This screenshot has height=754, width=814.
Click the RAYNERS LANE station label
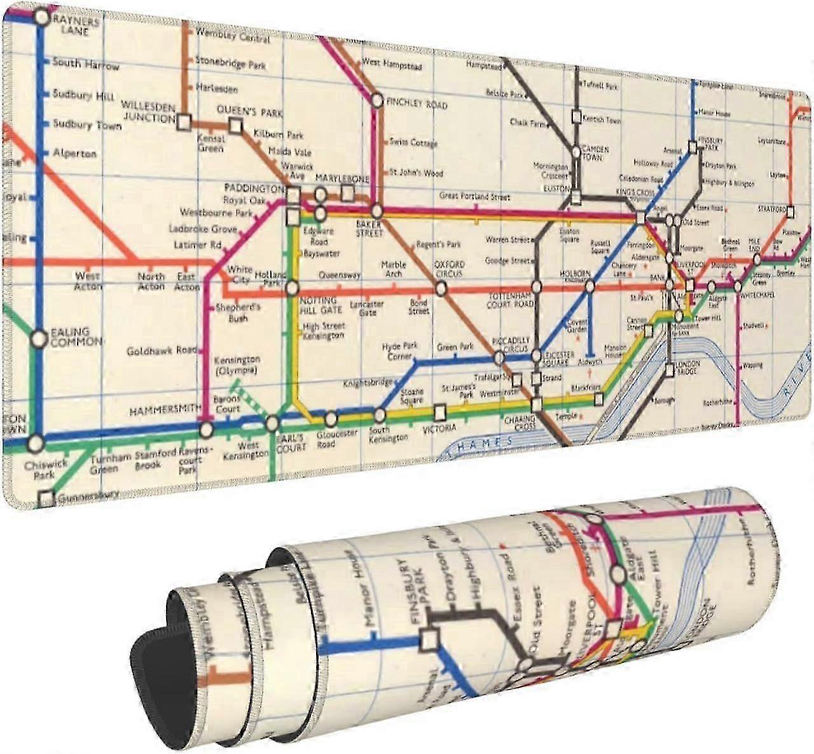(x=76, y=25)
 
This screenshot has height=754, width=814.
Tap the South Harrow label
(x=85, y=64)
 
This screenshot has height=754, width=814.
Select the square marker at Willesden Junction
(x=184, y=121)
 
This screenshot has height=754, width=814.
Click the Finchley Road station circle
(x=377, y=100)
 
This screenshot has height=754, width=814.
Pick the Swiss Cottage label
(x=413, y=143)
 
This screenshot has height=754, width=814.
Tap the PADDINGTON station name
(x=254, y=188)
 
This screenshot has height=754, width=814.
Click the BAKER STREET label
(x=369, y=228)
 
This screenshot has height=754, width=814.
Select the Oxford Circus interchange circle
(x=439, y=288)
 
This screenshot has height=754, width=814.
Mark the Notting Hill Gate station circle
(x=292, y=288)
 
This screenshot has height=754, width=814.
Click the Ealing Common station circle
(x=39, y=339)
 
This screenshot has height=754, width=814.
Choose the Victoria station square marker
(x=440, y=412)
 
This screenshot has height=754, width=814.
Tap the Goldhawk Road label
(x=162, y=351)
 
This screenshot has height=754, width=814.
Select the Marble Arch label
(x=394, y=269)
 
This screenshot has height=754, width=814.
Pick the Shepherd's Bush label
(x=238, y=312)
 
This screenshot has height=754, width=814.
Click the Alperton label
(x=74, y=154)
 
